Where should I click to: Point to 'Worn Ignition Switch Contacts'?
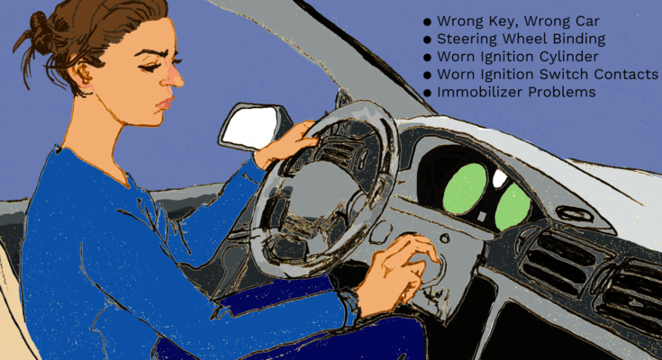[x=548, y=75]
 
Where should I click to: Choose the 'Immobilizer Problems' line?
[x=516, y=92]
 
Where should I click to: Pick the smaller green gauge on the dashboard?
[x=512, y=206]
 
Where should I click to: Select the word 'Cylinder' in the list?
[x=567, y=58]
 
